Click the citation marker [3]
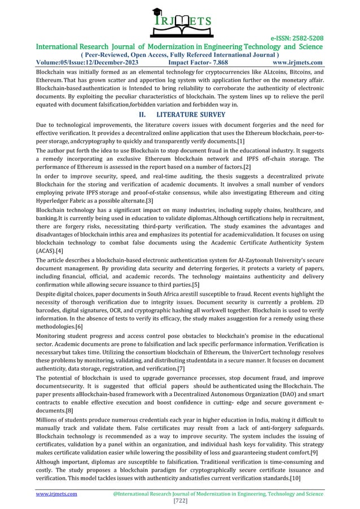(x=150, y=201)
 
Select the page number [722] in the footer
(x=179, y=500)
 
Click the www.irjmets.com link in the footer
(x=56, y=492)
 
